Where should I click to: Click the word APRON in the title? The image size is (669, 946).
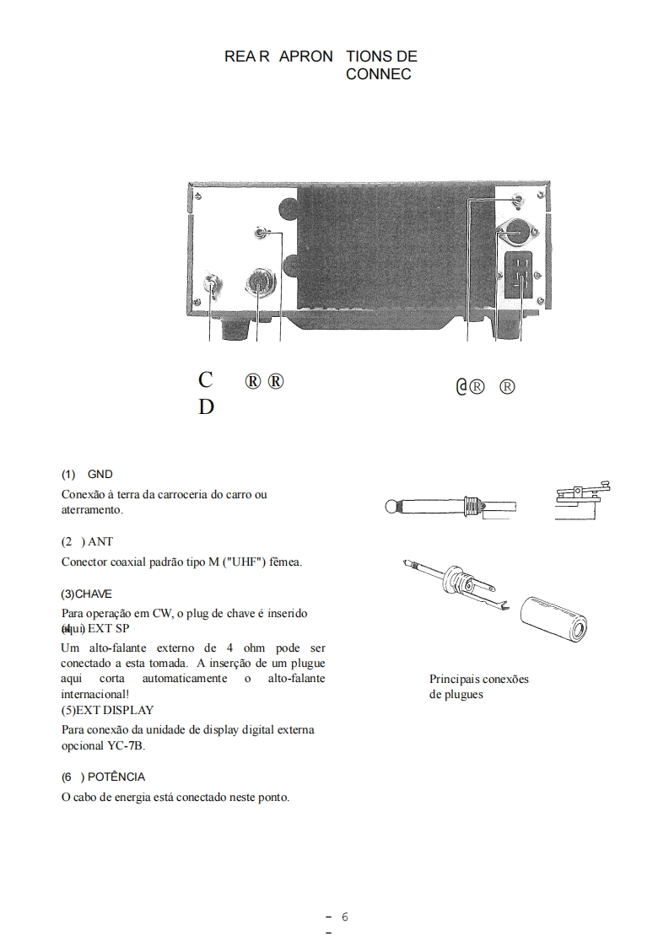(x=305, y=56)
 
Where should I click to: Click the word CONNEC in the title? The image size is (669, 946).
(x=379, y=75)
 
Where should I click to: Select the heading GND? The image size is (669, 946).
(x=100, y=475)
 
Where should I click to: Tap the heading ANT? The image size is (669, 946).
(x=100, y=542)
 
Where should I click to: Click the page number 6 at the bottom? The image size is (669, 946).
(x=345, y=917)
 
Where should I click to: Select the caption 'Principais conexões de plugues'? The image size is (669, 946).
(x=478, y=686)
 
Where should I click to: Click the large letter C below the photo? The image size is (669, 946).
(x=206, y=379)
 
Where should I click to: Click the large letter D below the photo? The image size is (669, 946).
(x=207, y=407)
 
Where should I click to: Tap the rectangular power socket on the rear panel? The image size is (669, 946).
(x=518, y=275)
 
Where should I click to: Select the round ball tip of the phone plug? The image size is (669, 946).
(x=391, y=508)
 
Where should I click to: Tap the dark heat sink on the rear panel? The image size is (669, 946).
(x=380, y=253)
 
